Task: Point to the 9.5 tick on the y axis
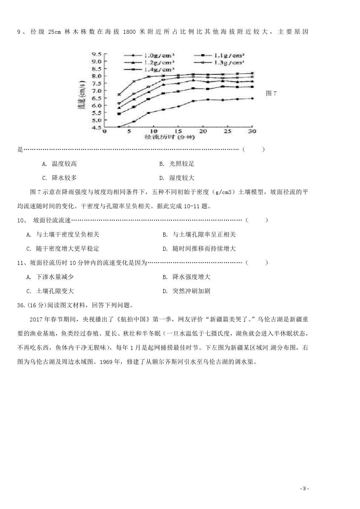(x=96, y=54)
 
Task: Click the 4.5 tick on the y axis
(x=96, y=127)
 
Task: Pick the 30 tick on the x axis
(x=252, y=131)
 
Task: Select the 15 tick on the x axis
(x=178, y=131)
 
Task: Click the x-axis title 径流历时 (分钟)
(x=169, y=137)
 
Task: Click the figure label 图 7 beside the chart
(x=271, y=94)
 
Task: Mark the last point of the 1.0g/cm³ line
(x=252, y=98)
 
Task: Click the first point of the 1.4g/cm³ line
(x=119, y=95)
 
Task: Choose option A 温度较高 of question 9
(x=60, y=164)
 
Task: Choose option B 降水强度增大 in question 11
(x=187, y=277)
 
